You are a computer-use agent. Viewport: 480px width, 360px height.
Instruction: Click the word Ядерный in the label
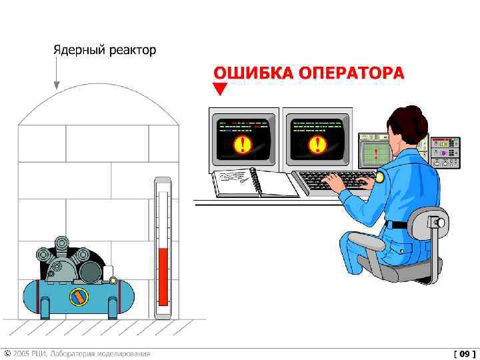pyautogui.click(x=79, y=51)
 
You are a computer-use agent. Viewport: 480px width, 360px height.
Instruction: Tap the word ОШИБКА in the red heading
pyautogui.click(x=253, y=73)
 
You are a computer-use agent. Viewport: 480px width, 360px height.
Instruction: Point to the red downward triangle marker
pyautogui.click(x=220, y=88)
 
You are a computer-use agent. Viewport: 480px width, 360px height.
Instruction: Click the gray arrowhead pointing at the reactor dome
pyautogui.click(x=56, y=85)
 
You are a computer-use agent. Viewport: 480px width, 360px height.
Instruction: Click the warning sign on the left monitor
pyautogui.click(x=243, y=144)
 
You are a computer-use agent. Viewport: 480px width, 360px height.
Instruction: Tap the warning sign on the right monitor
pyautogui.click(x=317, y=144)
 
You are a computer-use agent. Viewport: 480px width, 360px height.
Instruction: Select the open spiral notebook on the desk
pyautogui.click(x=255, y=183)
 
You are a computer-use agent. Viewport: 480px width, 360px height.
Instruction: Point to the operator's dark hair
pyautogui.click(x=408, y=123)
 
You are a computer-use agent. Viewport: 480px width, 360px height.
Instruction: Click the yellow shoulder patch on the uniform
pyautogui.click(x=379, y=177)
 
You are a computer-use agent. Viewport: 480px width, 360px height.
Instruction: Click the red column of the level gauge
pyautogui.click(x=163, y=277)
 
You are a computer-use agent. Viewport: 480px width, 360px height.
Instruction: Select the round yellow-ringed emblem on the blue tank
pyautogui.click(x=79, y=297)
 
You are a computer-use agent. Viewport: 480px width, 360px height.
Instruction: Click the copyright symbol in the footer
pyautogui.click(x=7, y=353)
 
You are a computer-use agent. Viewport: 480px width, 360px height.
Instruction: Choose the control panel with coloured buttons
pyautogui.click(x=445, y=153)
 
